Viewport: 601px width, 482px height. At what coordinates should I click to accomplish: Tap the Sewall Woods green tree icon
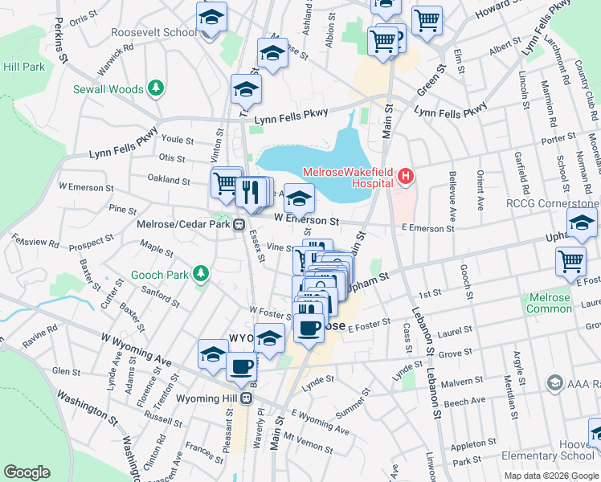point(156,88)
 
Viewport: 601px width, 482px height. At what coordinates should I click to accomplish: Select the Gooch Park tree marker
point(201,275)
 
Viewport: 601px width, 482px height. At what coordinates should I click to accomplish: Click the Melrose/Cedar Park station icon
point(239,225)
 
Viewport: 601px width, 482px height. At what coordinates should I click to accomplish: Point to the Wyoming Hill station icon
point(248,398)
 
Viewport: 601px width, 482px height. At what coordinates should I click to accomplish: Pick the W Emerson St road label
point(307,219)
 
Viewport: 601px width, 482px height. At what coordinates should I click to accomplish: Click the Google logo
point(27,472)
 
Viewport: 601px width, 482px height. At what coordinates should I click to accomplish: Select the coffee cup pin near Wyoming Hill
point(242,366)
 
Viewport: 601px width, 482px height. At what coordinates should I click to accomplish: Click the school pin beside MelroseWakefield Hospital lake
point(299,197)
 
